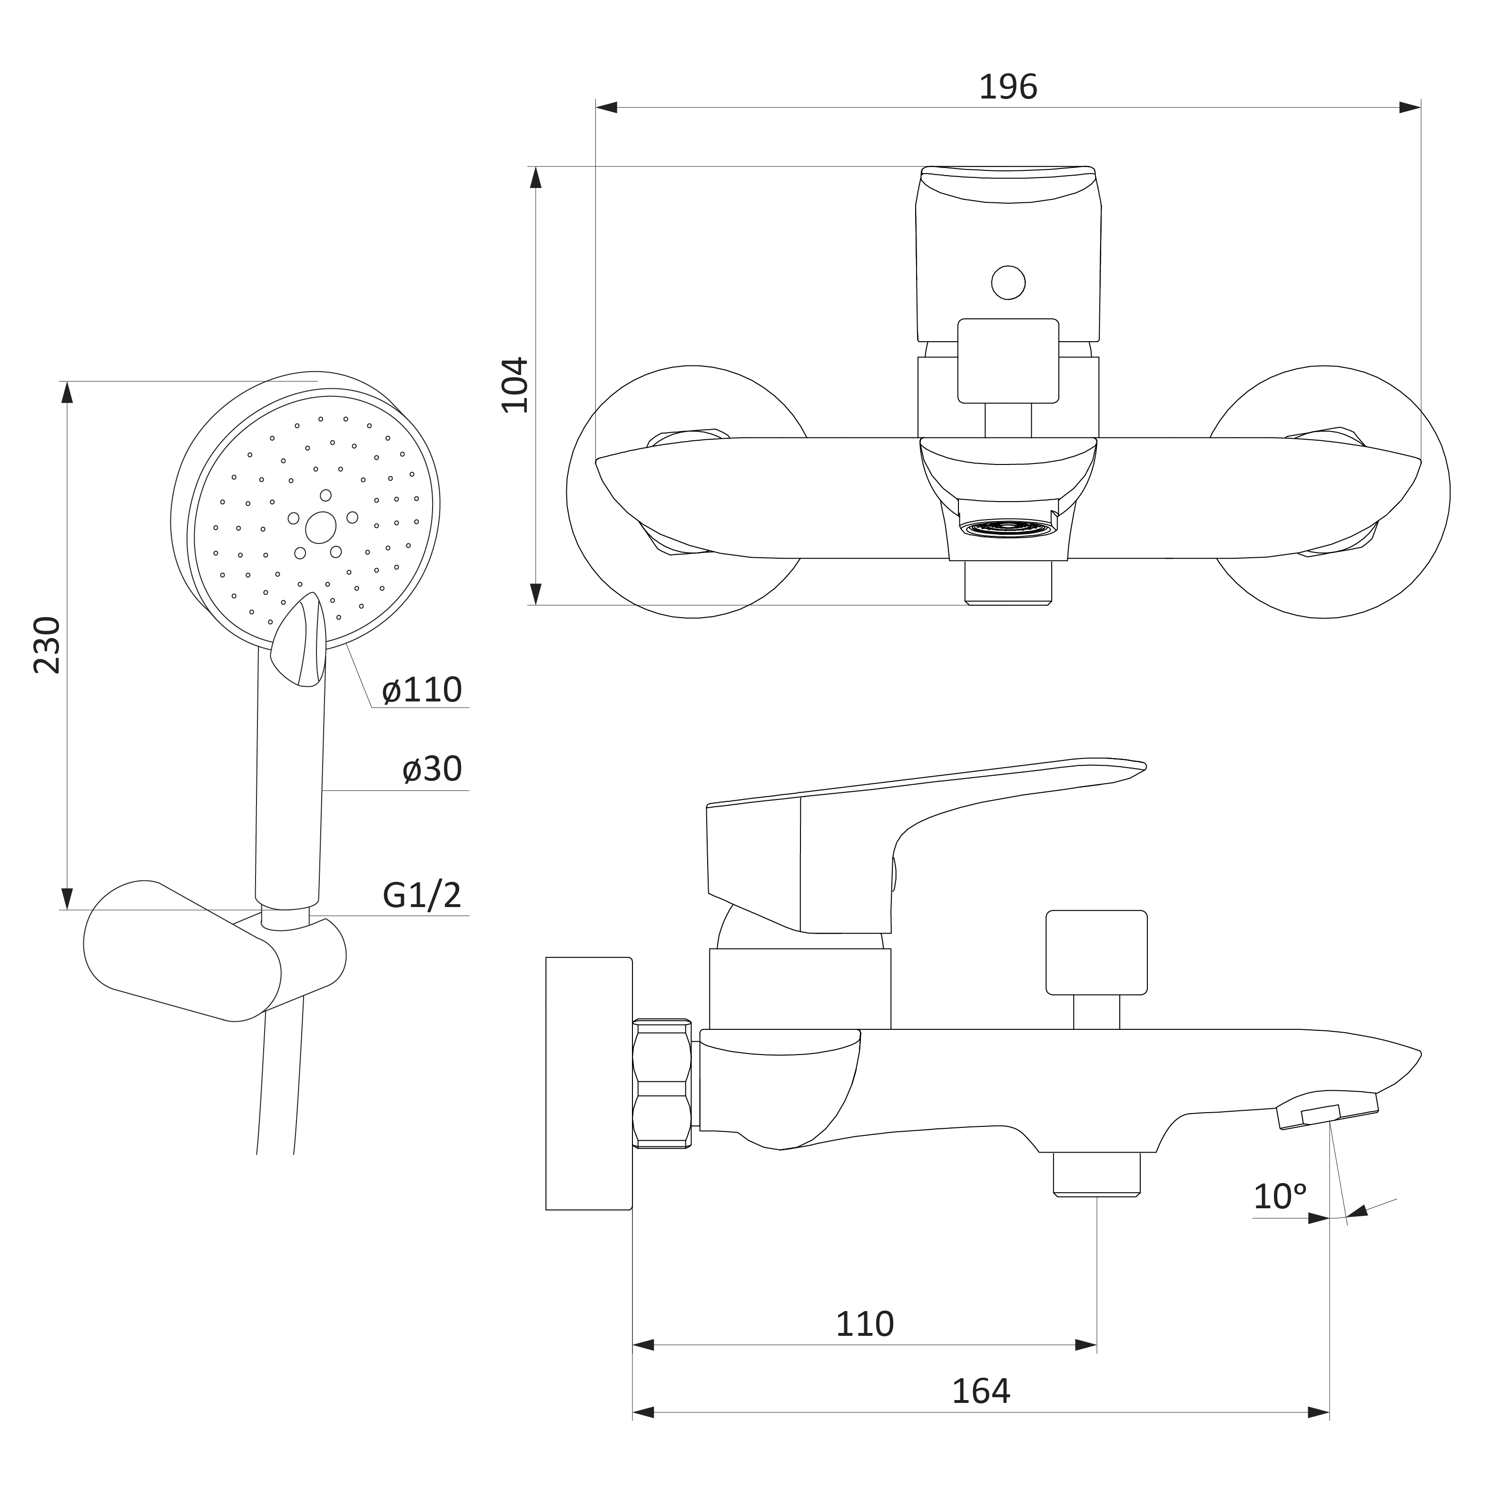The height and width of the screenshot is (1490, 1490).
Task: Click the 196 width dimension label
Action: tap(1007, 87)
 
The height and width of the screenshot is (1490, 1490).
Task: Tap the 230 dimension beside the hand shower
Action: tap(47, 645)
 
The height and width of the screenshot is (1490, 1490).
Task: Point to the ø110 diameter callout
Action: tap(422, 690)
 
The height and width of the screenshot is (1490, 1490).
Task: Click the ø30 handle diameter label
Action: tap(432, 769)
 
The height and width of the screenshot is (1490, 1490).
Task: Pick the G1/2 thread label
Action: tap(422, 895)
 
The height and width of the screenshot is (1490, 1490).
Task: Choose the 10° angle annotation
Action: tap(1280, 1196)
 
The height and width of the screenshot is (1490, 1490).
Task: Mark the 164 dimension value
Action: tap(980, 1391)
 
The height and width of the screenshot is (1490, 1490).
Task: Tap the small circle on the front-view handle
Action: tap(1008, 282)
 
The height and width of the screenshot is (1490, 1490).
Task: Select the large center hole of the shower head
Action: tap(321, 527)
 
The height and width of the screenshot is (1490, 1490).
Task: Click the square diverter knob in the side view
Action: tap(1096, 952)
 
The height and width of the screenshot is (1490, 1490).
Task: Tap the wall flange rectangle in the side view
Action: tap(589, 1084)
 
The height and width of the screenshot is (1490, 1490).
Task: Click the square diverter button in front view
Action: tap(1008, 361)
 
